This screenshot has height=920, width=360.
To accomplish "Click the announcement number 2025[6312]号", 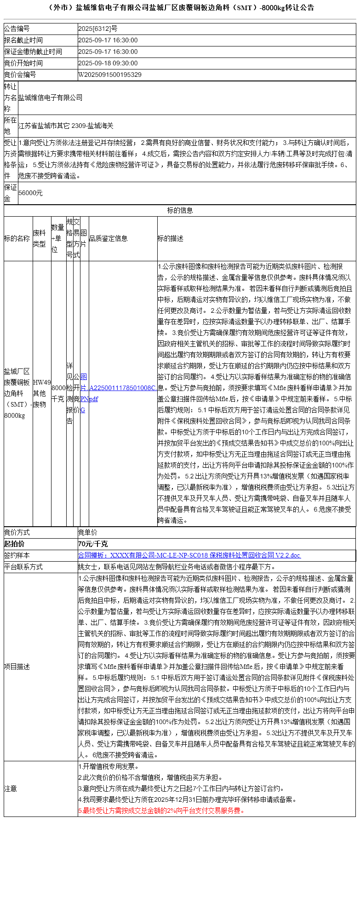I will pos(97,29).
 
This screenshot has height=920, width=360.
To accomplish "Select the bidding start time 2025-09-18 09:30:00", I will pos(108,63).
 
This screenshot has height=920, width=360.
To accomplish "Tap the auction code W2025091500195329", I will pos(110,75).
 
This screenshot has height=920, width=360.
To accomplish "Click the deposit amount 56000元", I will pos(30,193).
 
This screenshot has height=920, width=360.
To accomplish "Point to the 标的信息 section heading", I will pos(180,210).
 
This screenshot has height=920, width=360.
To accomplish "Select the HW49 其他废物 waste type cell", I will pos(42,393).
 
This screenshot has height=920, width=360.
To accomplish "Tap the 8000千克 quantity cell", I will pos(58,393).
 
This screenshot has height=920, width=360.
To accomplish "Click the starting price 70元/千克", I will pos(93,544).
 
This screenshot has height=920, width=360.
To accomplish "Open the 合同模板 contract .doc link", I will pos(189,555).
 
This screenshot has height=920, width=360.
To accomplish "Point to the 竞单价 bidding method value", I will pos(87,532).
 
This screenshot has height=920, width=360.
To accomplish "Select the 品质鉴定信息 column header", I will pos(108,238).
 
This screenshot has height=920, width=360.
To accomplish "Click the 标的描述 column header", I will pos(170,238).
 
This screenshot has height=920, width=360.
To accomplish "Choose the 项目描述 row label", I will pos(17,667).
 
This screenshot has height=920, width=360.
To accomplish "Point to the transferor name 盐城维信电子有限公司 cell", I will pos(51,98).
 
